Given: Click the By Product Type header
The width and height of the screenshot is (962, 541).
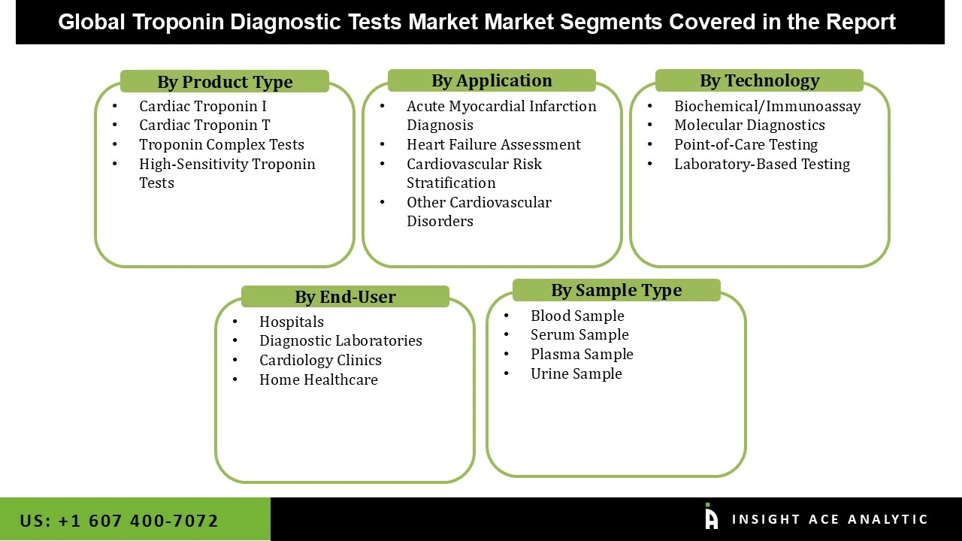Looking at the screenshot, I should (x=225, y=82).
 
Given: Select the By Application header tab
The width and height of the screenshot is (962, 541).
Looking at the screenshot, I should (x=492, y=80).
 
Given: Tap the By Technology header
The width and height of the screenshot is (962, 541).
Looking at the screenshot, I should (x=759, y=80).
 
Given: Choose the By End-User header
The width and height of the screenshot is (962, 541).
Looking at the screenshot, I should (x=345, y=297).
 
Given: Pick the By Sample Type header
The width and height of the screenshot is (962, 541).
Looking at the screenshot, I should (x=616, y=290).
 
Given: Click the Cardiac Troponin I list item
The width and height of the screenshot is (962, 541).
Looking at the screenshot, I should (x=203, y=106).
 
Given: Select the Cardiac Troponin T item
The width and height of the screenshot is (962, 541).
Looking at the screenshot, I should (x=204, y=125).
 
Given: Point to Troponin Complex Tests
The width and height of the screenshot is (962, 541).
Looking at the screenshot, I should (x=222, y=144).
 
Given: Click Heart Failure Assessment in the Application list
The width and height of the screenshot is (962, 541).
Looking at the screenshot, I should (x=494, y=144).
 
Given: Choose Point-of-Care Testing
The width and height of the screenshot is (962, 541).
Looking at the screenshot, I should (x=746, y=144).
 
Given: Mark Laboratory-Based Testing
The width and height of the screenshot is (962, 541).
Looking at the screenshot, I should (x=762, y=164).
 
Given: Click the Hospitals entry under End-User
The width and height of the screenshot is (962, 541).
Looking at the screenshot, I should (x=292, y=322).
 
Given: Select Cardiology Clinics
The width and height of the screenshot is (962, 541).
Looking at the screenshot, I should (x=320, y=360).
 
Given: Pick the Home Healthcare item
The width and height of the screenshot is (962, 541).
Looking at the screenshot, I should (x=319, y=379).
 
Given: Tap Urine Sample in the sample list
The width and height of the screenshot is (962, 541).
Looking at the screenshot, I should (x=576, y=373).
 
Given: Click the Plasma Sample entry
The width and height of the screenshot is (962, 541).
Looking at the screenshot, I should (x=582, y=354).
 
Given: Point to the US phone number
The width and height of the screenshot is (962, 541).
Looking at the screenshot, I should (x=119, y=521).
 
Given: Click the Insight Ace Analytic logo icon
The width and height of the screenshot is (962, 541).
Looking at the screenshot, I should (x=711, y=518).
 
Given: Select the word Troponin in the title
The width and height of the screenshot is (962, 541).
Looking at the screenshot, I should (x=178, y=22).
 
